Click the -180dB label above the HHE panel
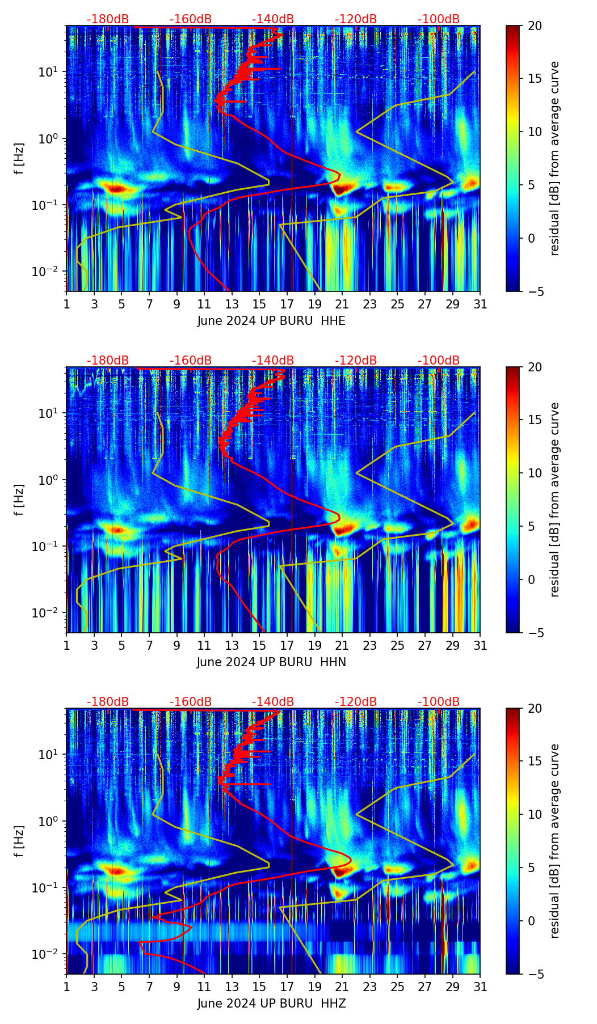[107, 19]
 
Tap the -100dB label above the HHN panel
[439, 361]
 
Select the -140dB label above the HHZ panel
[273, 702]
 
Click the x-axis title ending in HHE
[271, 321]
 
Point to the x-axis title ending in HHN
[271, 662]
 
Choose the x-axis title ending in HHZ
[271, 1004]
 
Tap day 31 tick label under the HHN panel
[480, 645]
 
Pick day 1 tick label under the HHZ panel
[67, 987]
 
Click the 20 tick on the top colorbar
[535, 26]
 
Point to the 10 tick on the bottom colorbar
[535, 814]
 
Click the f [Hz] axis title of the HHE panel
[19, 159]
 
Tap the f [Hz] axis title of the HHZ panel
[19, 841]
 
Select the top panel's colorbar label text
[554, 159]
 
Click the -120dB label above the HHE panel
[356, 19]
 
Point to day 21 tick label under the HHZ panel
[342, 987]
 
